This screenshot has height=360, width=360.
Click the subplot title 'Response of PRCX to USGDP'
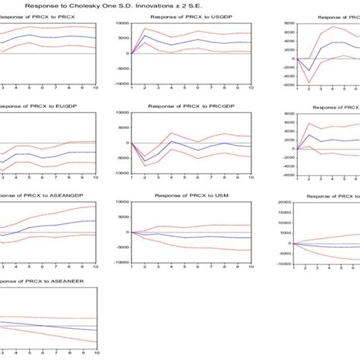tap(179, 17)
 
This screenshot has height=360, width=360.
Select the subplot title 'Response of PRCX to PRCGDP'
tap(179, 107)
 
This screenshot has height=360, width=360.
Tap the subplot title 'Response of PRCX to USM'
tap(179, 195)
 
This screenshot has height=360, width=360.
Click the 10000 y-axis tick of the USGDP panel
tap(120, 24)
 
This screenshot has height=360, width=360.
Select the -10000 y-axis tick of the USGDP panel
tap(118, 83)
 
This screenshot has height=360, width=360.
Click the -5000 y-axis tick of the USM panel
tap(120, 248)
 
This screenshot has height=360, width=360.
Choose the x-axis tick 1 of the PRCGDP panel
tap(131, 179)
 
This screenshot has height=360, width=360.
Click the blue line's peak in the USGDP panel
tap(144, 36)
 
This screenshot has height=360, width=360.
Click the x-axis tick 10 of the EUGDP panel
tap(95, 179)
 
